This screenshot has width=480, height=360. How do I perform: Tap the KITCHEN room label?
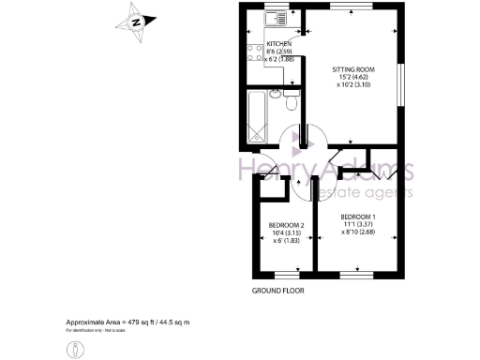(x=279, y=44)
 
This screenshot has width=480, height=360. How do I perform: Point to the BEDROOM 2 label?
(x=286, y=225)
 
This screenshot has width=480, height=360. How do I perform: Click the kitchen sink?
(x=277, y=18)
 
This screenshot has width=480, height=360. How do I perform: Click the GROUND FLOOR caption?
(x=279, y=291)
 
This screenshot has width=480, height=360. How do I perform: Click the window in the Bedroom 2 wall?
(x=286, y=274)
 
